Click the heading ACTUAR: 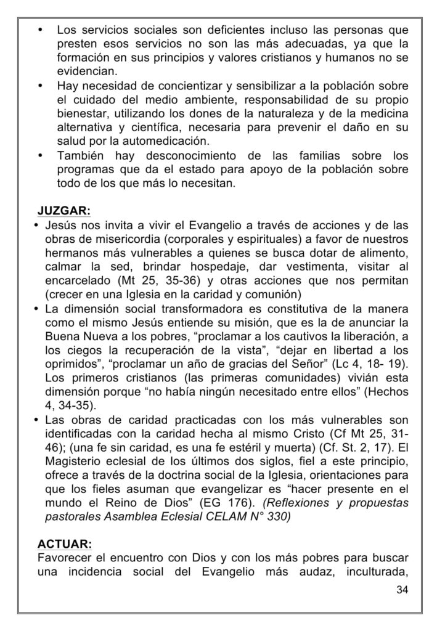coord(65,543)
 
